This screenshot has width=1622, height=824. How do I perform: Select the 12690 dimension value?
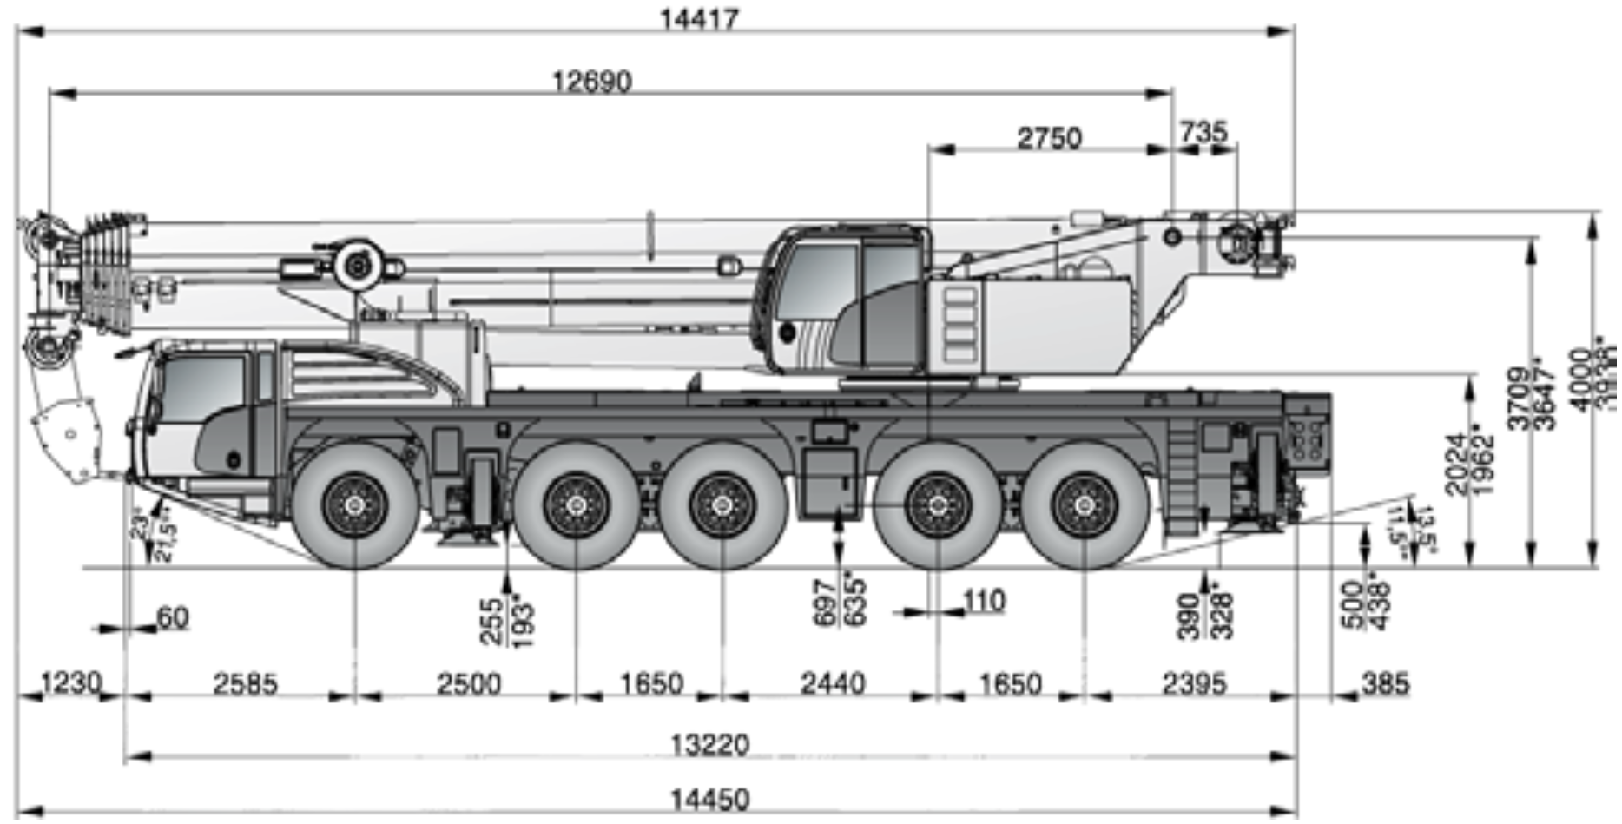(592, 81)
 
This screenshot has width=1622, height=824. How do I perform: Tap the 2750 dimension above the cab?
(1049, 138)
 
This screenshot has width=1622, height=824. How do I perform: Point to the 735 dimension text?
(1203, 132)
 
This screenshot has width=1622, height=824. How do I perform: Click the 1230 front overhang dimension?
(69, 682)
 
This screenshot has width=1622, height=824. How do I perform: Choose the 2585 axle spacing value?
(245, 684)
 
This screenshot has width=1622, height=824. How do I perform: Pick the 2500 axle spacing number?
(468, 684)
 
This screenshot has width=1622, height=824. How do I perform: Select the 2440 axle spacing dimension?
(832, 684)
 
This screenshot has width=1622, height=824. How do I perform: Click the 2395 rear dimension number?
(1194, 684)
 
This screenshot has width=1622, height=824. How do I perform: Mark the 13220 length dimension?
(709, 745)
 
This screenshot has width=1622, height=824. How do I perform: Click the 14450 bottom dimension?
(709, 799)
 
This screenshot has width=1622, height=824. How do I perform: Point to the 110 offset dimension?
(984, 600)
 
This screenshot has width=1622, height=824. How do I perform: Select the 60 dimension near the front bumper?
(172, 617)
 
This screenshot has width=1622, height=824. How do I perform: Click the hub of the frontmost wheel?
(354, 506)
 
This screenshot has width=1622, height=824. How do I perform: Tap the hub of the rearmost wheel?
(1085, 506)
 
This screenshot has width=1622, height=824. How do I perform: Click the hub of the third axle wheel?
(722, 506)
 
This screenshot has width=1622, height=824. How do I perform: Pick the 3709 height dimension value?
(1518, 399)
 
